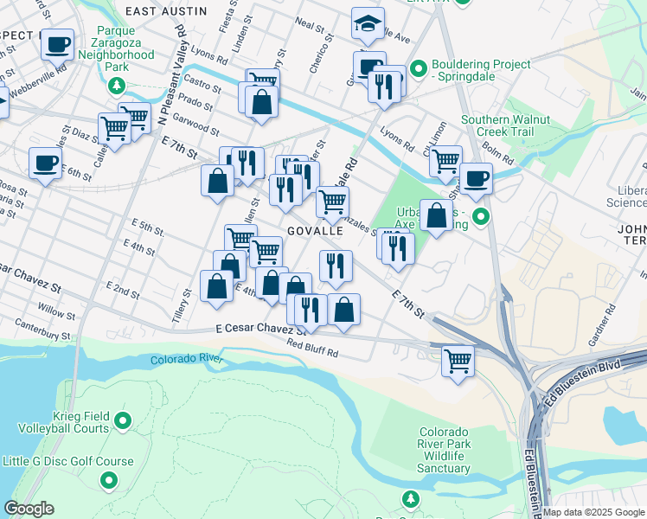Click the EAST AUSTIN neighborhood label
[x=166, y=11]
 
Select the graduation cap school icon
[x=368, y=24]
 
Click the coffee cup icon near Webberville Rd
[x=57, y=43]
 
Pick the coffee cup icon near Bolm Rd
[x=475, y=179]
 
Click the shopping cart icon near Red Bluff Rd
[x=458, y=360]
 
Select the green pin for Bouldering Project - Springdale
[x=420, y=67]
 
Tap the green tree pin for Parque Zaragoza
[x=116, y=86]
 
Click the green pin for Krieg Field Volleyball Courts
[x=123, y=421]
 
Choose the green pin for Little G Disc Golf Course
[x=109, y=479]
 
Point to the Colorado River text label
[x=186, y=359]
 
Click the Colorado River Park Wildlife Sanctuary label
[x=445, y=450]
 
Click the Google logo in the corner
[x=29, y=508]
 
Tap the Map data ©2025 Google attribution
[x=593, y=512]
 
